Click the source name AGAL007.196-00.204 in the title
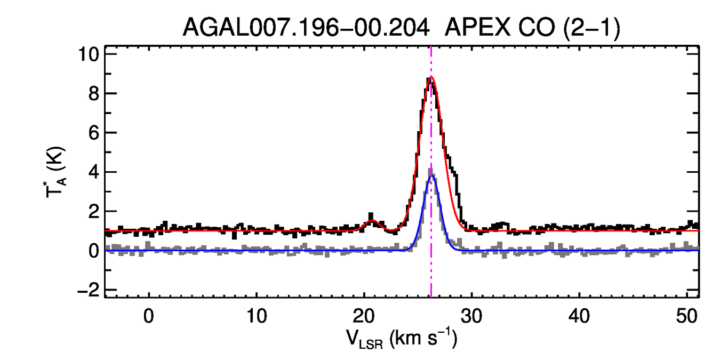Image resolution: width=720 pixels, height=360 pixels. click(x=306, y=28)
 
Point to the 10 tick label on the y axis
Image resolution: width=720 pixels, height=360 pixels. click(x=89, y=54)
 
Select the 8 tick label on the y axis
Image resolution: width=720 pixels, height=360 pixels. click(x=94, y=94)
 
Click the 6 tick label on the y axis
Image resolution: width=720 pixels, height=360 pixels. click(x=94, y=133)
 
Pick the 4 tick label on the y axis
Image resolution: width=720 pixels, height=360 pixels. click(x=94, y=172)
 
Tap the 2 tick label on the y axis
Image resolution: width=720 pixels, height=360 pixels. click(x=94, y=212)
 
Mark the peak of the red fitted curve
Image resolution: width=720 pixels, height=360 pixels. click(x=431, y=77)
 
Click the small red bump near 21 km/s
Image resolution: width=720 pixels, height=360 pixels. click(x=373, y=221)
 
